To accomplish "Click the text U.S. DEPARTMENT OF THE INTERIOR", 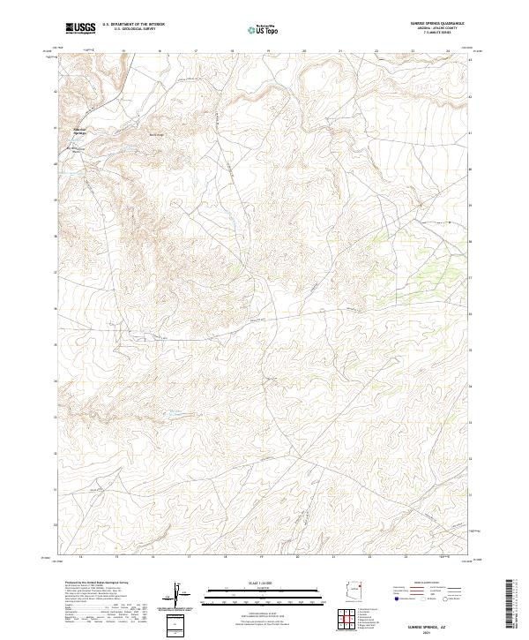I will pos(133,25).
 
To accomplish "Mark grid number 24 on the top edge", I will pos(448,52).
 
